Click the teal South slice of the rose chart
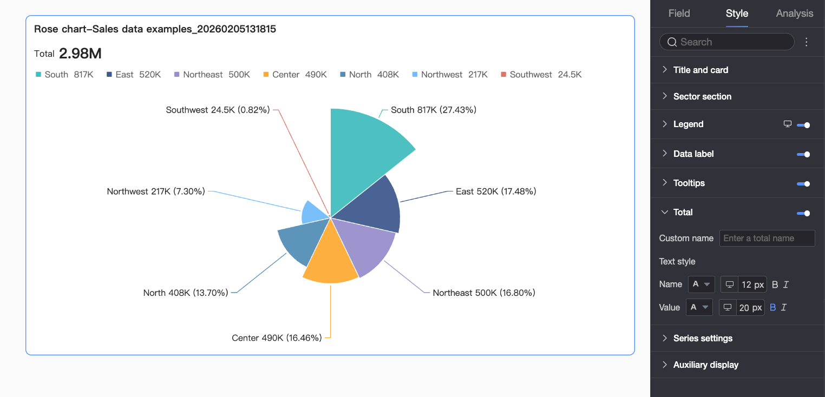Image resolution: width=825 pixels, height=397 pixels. click(363, 151)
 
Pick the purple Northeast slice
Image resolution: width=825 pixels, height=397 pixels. click(365, 246)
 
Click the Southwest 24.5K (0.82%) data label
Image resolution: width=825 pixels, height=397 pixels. click(218, 110)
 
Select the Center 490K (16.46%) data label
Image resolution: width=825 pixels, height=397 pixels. click(277, 338)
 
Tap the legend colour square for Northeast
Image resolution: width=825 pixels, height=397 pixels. click(177, 75)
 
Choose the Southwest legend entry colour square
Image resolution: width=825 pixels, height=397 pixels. click(503, 75)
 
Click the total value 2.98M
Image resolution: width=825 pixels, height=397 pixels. click(80, 54)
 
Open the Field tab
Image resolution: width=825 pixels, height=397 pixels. click(679, 14)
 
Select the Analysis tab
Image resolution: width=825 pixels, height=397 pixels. click(794, 14)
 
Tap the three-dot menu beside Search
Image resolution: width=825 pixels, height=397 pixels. click(807, 42)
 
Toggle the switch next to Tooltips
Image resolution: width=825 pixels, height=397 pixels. click(803, 184)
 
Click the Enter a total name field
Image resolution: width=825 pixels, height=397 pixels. click(767, 239)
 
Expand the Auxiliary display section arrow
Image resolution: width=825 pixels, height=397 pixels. click(665, 365)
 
